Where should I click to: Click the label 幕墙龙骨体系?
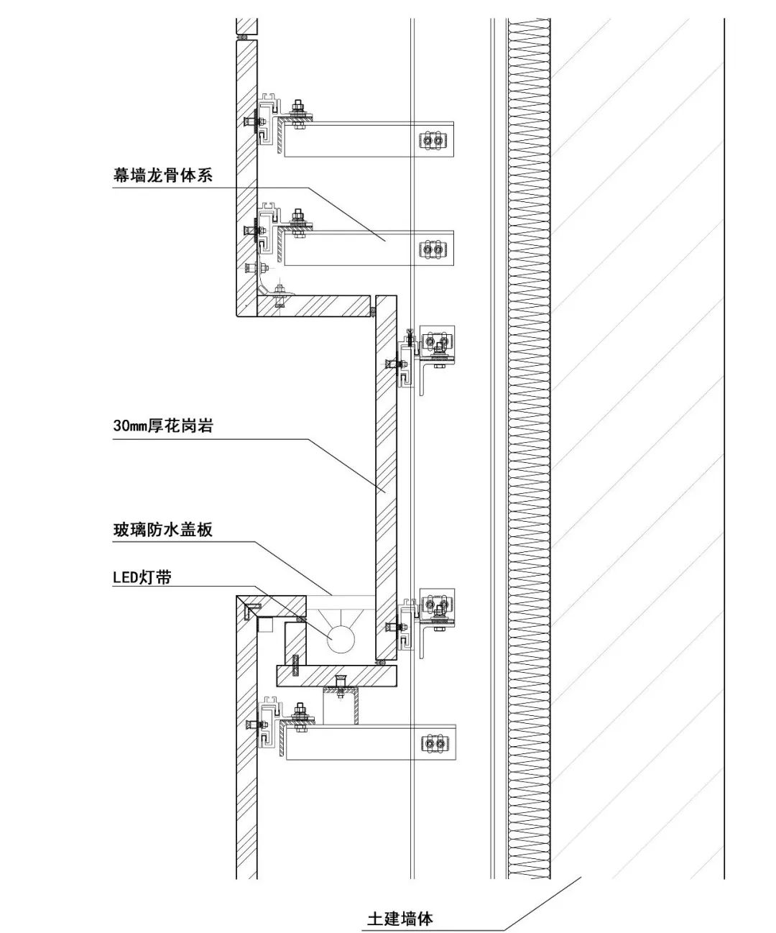click(162, 175)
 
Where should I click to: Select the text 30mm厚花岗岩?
click(163, 426)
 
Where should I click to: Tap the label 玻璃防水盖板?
click(163, 530)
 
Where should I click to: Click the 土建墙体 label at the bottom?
click(400, 918)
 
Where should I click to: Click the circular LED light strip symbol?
click(339, 638)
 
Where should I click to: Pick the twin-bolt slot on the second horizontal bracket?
click(433, 249)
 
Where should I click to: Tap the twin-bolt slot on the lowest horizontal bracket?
click(433, 743)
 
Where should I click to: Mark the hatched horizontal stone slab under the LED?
click(337, 676)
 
